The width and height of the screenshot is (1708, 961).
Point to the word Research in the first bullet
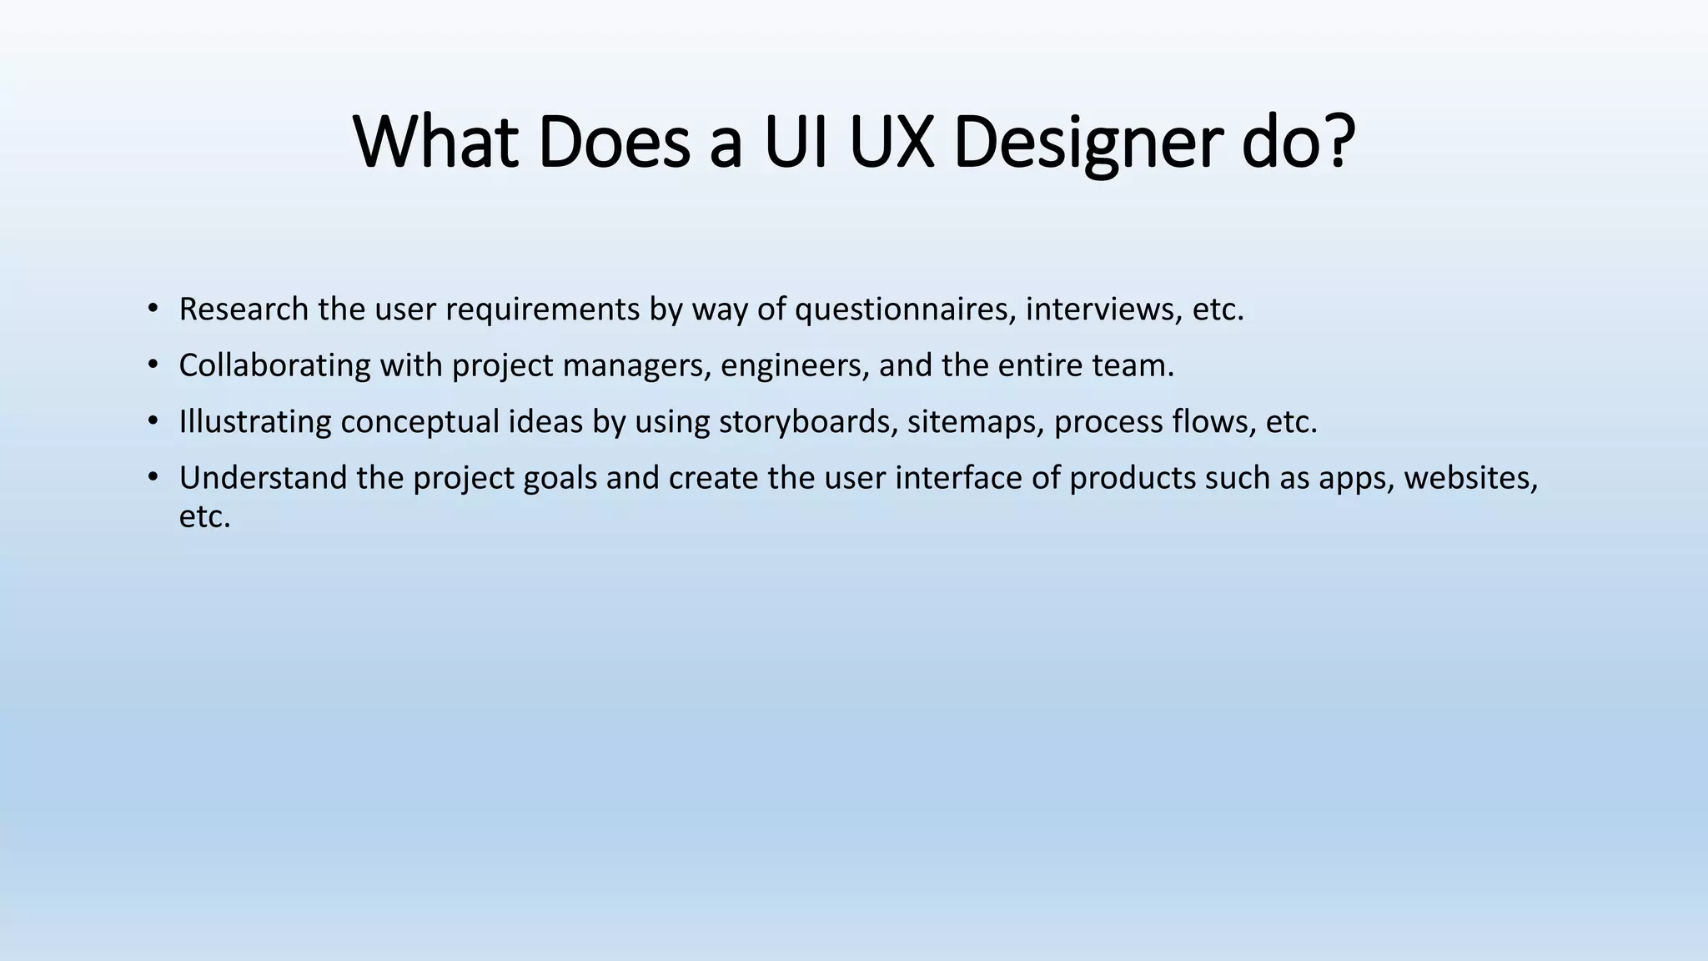[x=244, y=309]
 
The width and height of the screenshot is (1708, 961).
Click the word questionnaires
[x=905, y=309]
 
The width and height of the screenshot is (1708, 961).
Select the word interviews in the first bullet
[x=1103, y=309]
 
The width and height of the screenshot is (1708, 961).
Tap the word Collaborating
[x=274, y=365]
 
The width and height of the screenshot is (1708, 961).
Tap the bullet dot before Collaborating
[x=152, y=365]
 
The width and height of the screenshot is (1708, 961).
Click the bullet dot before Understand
[x=152, y=478]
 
